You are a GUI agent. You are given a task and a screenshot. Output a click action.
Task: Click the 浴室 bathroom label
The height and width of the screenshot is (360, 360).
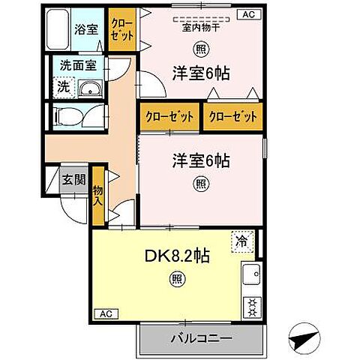[85, 30]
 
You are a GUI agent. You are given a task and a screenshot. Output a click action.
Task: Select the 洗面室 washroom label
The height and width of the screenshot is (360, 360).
[78, 66]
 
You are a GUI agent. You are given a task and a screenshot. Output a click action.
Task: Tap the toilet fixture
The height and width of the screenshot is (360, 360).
[67, 117]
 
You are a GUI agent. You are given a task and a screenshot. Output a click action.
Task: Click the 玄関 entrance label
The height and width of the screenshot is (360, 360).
[73, 180]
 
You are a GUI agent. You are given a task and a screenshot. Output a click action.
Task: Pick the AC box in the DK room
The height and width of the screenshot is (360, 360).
[106, 313]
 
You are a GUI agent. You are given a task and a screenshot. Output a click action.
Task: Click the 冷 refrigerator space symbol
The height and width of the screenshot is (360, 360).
[241, 242]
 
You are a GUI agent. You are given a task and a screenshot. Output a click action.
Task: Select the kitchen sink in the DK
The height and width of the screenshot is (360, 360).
[250, 278]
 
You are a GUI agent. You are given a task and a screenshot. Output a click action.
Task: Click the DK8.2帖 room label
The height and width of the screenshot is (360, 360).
[176, 255]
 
